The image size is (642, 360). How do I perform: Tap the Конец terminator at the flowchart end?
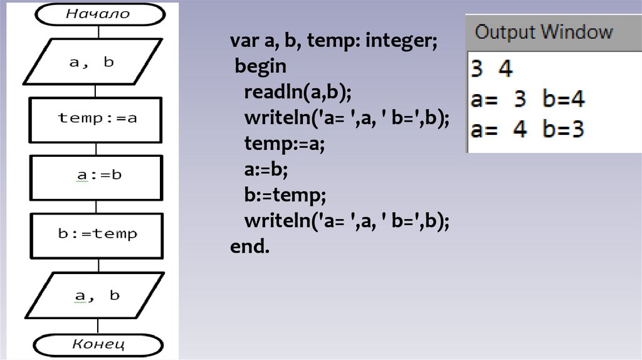(98, 344)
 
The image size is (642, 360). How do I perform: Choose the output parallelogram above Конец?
(96, 295)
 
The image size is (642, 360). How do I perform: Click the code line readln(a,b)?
(298, 93)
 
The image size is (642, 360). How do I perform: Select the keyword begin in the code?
(261, 66)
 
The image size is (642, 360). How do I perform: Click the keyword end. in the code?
(250, 246)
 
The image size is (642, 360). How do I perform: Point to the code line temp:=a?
(285, 144)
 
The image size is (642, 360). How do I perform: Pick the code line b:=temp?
(285, 195)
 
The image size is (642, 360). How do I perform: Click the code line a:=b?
(270, 169)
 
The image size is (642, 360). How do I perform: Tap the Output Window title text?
(544, 32)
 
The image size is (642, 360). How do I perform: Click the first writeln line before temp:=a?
(347, 118)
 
